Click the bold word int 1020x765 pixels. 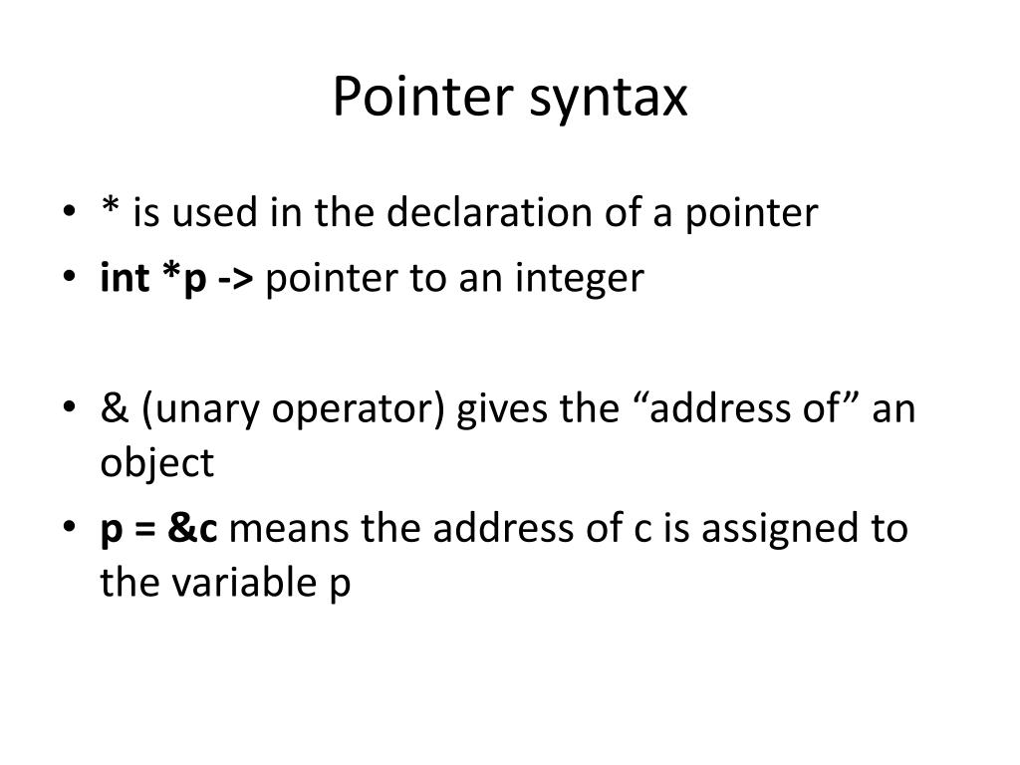[123, 279]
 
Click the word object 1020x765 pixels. [156, 464]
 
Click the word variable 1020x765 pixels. [239, 583]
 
